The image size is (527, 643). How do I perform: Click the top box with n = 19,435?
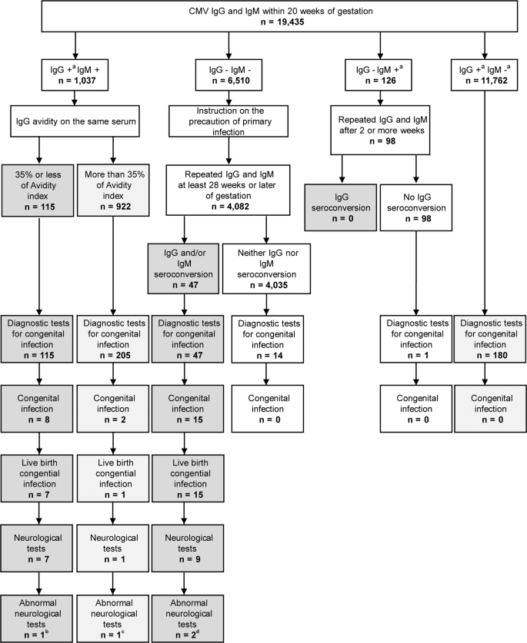click(x=263, y=18)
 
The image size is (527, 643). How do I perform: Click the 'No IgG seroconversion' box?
click(x=415, y=205)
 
